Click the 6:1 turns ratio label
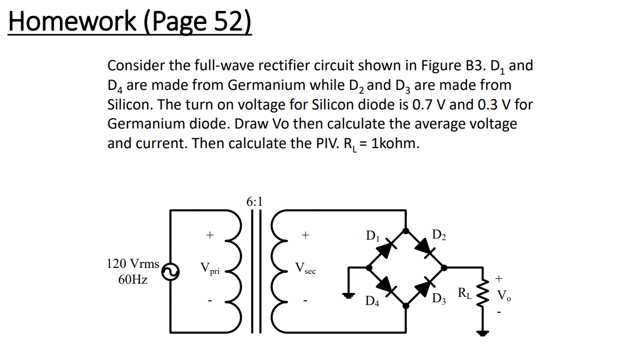(254, 202)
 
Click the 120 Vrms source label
(132, 264)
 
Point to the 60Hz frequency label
(132, 280)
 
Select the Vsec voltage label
(305, 269)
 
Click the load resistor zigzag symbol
(481, 295)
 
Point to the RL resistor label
(464, 294)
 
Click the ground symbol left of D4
(348, 296)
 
